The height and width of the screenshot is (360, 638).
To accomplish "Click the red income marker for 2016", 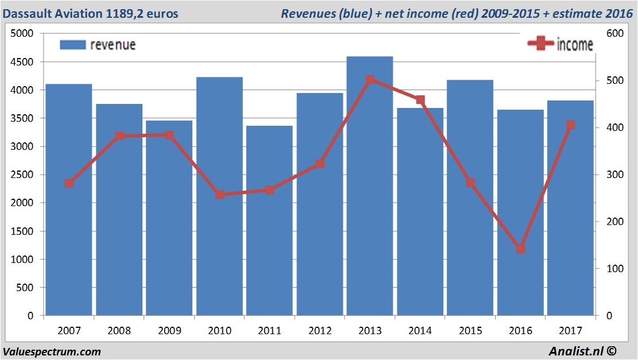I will [x=521, y=249].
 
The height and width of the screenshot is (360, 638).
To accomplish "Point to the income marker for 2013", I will [x=370, y=80].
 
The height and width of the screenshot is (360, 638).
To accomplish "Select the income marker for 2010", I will [x=220, y=195].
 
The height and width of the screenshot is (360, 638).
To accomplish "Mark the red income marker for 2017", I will [x=570, y=125].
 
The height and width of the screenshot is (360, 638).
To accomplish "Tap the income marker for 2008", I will [x=119, y=136].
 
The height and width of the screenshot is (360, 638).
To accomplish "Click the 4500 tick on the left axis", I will [x=23, y=62].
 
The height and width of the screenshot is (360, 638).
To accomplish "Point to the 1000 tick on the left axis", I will [x=23, y=260].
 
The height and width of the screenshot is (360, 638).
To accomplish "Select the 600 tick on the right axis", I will [x=614, y=34].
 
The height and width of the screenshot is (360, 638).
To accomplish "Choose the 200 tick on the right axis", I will [x=614, y=222].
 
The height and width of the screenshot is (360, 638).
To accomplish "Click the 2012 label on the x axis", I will [x=320, y=331].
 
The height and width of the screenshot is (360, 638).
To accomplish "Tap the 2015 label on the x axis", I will [x=470, y=331].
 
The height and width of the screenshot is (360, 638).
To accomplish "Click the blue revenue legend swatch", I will [x=72, y=45].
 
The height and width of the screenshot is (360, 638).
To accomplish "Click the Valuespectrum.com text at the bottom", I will [x=52, y=351].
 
